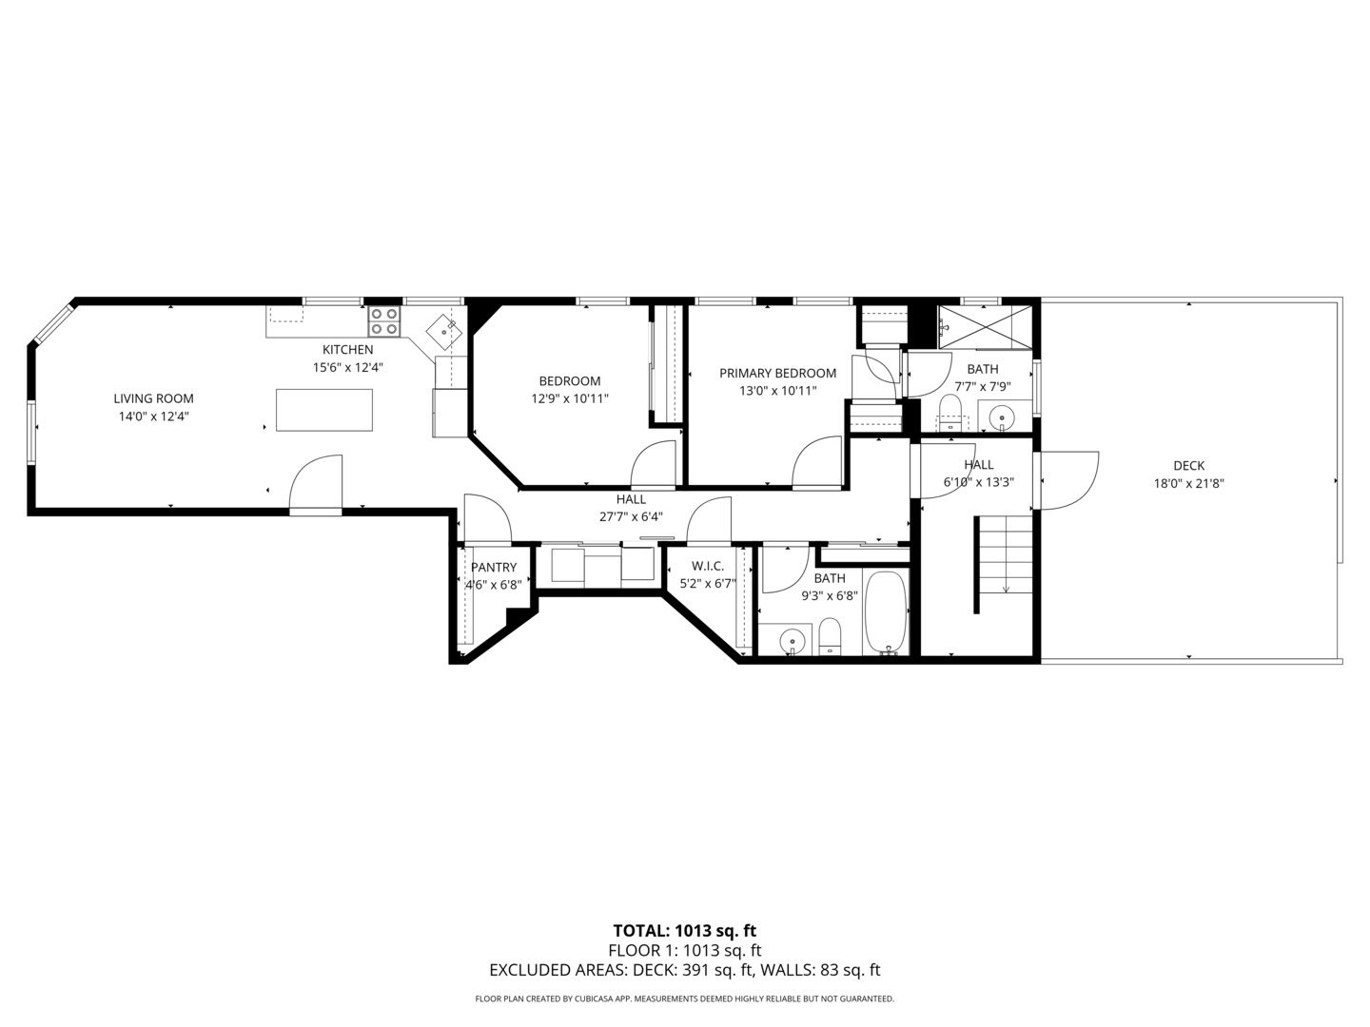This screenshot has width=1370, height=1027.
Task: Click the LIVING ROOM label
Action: pyautogui.click(x=153, y=398)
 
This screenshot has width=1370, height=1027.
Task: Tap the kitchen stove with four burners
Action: pyautogui.click(x=384, y=321)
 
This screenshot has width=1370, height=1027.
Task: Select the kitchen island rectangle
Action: pyautogui.click(x=323, y=410)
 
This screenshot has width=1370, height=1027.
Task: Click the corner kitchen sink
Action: pyautogui.click(x=443, y=331)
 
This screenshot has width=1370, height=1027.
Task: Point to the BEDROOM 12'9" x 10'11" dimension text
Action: pyautogui.click(x=569, y=399)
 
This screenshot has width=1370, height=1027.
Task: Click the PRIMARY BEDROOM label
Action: pyautogui.click(x=777, y=374)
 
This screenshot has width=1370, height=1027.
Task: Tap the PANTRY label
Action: pyautogui.click(x=493, y=568)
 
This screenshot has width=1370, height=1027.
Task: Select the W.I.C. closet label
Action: pyautogui.click(x=708, y=567)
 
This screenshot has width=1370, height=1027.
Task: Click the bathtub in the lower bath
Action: pyautogui.click(x=886, y=612)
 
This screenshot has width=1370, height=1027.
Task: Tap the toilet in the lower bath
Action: pyautogui.click(x=831, y=636)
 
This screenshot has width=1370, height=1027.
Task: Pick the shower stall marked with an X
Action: pyautogui.click(x=985, y=326)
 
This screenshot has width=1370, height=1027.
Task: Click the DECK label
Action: pyautogui.click(x=1188, y=466)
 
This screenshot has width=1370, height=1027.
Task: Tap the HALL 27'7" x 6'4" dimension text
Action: pyautogui.click(x=630, y=517)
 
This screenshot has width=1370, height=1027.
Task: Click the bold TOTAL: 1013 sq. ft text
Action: pyautogui.click(x=684, y=931)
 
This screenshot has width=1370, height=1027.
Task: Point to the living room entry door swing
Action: pyautogui.click(x=316, y=483)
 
